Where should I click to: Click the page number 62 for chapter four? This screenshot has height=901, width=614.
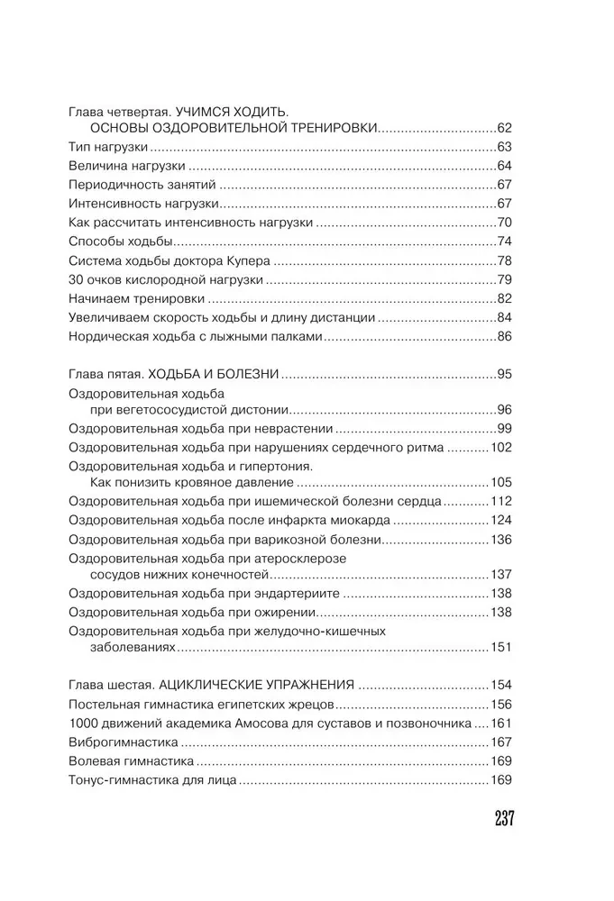pos(504,127)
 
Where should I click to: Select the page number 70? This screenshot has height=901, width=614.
pos(504,223)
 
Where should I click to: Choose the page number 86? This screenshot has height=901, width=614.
pos(504,337)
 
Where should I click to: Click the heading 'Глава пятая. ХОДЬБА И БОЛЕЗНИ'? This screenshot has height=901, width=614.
pos(173,373)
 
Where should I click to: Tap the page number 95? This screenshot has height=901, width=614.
pos(504,373)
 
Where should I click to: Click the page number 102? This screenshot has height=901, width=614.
pos(500,447)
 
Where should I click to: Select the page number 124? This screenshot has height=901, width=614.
pos(500,521)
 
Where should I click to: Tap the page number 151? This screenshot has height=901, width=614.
pos(500,648)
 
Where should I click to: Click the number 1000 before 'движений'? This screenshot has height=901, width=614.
pos(84,723)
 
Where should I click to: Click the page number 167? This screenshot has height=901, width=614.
pos(500,742)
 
